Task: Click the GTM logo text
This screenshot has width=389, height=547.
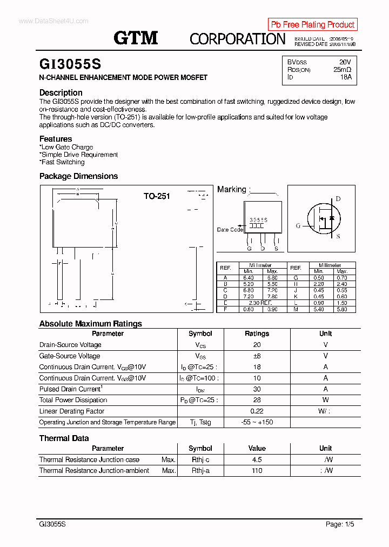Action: tap(136, 37)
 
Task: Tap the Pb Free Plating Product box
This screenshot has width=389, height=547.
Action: tap(312, 24)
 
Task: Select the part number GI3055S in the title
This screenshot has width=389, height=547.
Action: tap(70, 64)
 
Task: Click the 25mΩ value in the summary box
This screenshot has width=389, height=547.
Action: tap(342, 70)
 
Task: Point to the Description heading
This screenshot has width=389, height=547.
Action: tap(61, 92)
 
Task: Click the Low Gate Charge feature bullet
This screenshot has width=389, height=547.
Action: tap(67, 147)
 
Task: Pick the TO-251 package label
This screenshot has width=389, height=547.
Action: tap(157, 196)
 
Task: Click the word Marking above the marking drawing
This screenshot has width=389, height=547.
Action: tap(231, 189)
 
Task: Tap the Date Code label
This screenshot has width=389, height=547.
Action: tap(230, 230)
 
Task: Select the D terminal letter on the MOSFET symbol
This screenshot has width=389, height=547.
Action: tap(338, 199)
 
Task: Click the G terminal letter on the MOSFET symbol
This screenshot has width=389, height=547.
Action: tap(298, 226)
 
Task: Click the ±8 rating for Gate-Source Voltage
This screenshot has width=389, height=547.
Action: tap(257, 356)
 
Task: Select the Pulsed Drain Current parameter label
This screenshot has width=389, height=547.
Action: tap(70, 389)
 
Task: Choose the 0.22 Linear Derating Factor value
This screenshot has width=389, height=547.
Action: tap(257, 411)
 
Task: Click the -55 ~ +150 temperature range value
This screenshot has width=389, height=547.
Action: tap(257, 422)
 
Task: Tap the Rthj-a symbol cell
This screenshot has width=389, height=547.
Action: tap(200, 471)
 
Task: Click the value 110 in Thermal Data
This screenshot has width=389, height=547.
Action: tap(257, 471)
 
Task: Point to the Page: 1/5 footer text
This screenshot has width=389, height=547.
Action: tap(340, 524)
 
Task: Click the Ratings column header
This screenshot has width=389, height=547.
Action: tap(257, 333)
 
